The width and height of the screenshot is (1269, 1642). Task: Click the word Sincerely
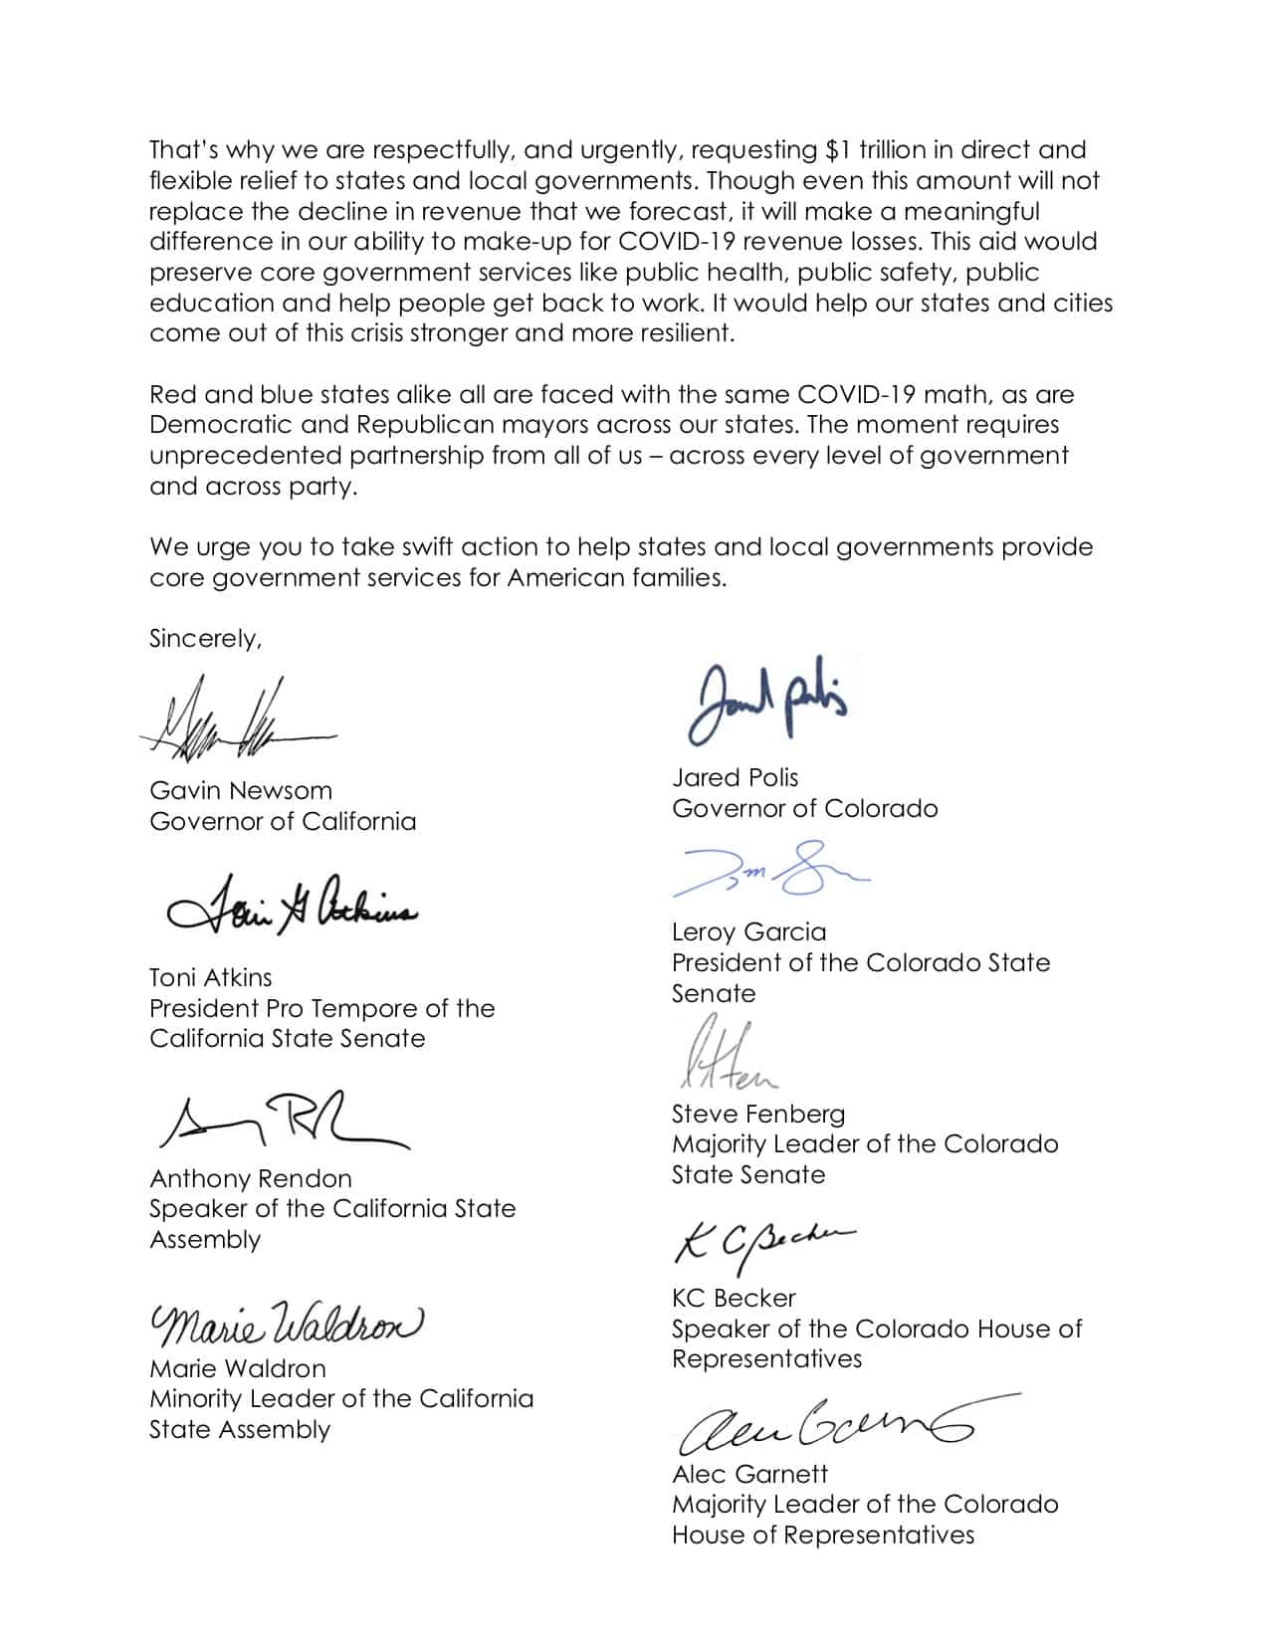205,639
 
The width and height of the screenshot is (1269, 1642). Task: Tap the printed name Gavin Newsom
241,791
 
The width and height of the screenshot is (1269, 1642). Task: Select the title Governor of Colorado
804,808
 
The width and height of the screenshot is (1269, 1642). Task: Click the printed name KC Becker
734,1298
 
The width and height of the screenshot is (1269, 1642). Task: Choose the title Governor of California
283,822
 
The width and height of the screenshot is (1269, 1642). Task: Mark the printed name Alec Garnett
749,1474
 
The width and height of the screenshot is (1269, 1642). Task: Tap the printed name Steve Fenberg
757,1114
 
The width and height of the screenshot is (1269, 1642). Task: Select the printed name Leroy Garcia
748,932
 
